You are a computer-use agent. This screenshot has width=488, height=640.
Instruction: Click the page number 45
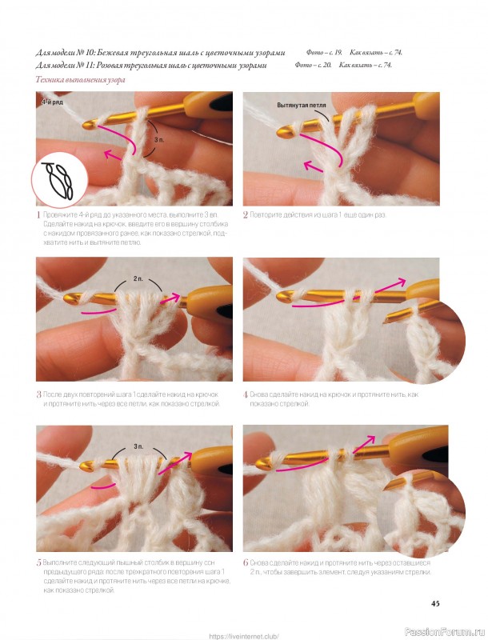435,603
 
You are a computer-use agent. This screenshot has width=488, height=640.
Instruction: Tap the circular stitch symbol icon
59,182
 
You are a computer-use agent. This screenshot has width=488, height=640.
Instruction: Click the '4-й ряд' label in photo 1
52,102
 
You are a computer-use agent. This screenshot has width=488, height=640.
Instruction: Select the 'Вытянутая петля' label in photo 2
302,106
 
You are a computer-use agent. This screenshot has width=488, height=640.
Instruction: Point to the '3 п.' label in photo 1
159,139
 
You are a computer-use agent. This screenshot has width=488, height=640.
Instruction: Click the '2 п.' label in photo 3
138,278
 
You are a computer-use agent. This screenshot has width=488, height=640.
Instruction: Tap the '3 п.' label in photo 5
138,447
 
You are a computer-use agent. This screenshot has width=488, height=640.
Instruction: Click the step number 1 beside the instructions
38,215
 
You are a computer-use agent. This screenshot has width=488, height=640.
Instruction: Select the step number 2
246,215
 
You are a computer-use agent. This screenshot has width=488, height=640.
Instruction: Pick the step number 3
38,394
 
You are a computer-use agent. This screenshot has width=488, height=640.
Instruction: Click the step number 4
246,394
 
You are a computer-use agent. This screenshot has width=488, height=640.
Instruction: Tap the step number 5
38,563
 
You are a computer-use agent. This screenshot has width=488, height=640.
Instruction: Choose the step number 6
246,562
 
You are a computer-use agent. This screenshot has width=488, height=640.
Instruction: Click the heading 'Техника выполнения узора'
80,80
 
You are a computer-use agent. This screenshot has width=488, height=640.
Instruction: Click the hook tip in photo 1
86,126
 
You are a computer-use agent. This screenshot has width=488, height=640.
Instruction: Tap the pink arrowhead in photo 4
401,282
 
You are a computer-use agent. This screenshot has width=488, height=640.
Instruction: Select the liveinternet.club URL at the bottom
244,636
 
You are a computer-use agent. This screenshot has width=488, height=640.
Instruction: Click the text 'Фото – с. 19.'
324,53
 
